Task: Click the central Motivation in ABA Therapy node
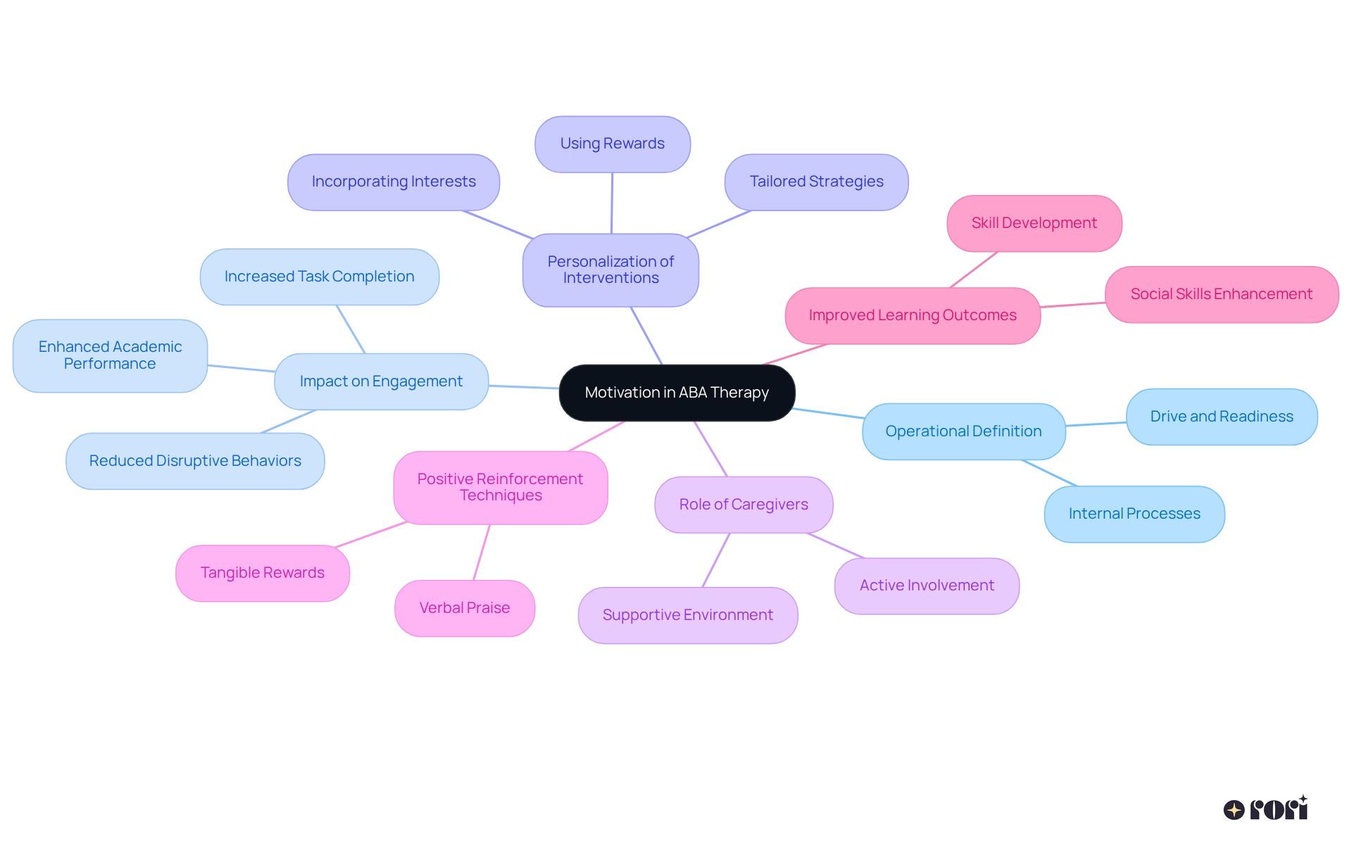pyautogui.click(x=677, y=393)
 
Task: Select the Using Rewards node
pyautogui.click(x=612, y=144)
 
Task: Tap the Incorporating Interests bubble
pyautogui.click(x=394, y=182)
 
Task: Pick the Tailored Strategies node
pyautogui.click(x=816, y=182)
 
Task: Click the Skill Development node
pyautogui.click(x=1034, y=223)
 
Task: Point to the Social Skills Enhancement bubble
pyautogui.click(x=1221, y=294)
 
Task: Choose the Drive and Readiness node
pyautogui.click(x=1221, y=417)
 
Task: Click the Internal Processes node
pyautogui.click(x=1134, y=514)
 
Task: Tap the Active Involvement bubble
pyautogui.click(x=926, y=585)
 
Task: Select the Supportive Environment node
pyautogui.click(x=687, y=615)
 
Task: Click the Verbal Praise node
pyautogui.click(x=465, y=608)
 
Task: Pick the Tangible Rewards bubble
pyautogui.click(x=262, y=573)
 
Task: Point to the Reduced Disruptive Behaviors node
pyautogui.click(x=195, y=461)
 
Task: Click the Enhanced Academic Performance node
pyautogui.click(x=110, y=355)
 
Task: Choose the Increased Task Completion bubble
pyautogui.click(x=319, y=277)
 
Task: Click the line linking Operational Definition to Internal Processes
pyautogui.click(x=1049, y=473)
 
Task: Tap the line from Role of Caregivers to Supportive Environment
pyautogui.click(x=716, y=560)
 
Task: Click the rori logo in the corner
pyautogui.click(x=1265, y=809)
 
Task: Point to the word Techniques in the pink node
pyautogui.click(x=501, y=495)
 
